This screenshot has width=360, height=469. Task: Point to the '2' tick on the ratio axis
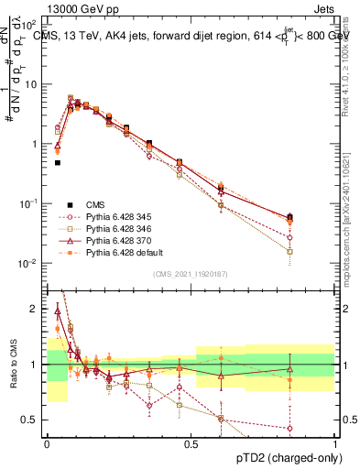[x=35, y=310]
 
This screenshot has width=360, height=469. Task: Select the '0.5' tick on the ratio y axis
[x=32, y=420]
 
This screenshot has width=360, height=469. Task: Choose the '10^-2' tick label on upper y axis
[x=30, y=264]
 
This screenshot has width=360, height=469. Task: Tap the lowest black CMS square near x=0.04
[x=58, y=163]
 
